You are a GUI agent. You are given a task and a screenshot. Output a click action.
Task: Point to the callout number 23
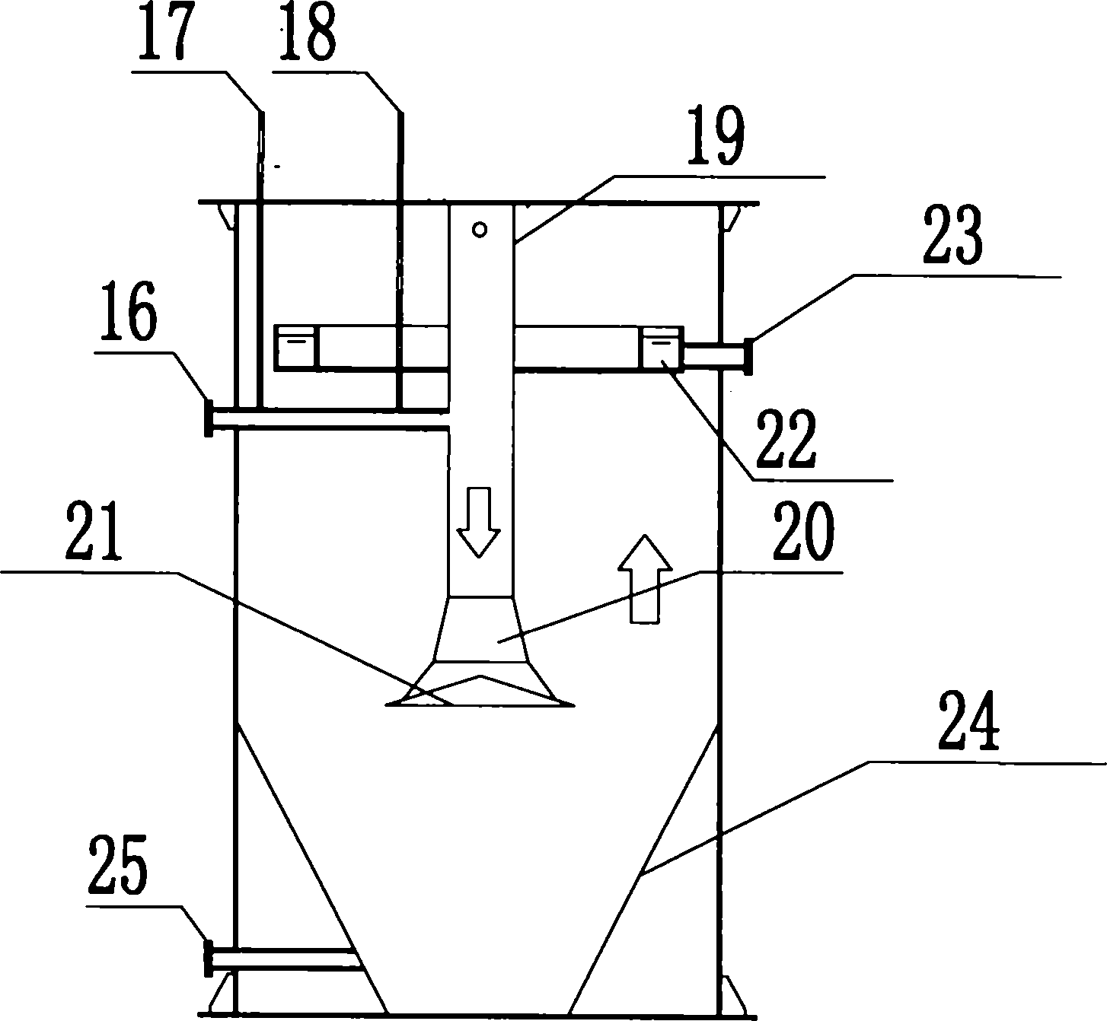point(951,239)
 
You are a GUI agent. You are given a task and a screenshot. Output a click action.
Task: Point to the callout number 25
point(120,865)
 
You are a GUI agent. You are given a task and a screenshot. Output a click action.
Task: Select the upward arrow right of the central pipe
point(644,578)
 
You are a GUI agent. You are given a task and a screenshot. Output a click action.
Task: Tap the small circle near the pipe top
point(480,229)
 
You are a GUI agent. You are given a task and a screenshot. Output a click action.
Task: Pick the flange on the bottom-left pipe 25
point(206,957)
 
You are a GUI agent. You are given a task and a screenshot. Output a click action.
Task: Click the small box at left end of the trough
point(296,347)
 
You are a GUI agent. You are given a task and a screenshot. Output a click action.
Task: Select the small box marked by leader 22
point(662,348)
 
